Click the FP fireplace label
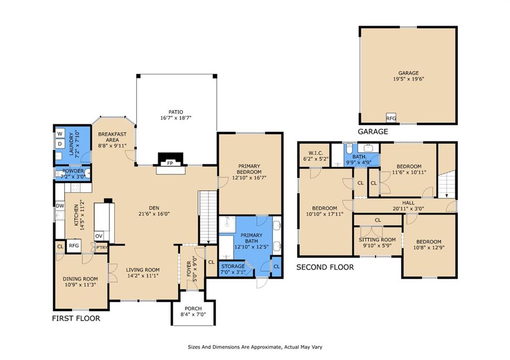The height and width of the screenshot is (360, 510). click(x=170, y=163)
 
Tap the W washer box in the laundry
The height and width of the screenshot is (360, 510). click(x=60, y=133)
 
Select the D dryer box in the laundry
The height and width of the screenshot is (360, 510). click(x=60, y=144)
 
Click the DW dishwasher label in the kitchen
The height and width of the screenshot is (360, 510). click(x=60, y=206)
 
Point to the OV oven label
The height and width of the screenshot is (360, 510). click(x=99, y=236)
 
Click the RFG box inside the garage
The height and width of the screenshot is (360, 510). click(x=391, y=119)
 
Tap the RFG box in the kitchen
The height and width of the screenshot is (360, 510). click(x=74, y=246)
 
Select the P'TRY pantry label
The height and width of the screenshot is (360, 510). click(x=102, y=248)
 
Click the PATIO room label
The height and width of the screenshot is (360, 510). click(x=176, y=112)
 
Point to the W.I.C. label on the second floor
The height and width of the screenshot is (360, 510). click(x=315, y=153)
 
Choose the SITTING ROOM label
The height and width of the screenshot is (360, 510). click(x=378, y=240)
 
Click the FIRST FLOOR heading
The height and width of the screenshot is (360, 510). click(x=76, y=318)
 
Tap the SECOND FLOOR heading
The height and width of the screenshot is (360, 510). click(x=325, y=267)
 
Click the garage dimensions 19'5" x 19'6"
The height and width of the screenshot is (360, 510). click(x=408, y=79)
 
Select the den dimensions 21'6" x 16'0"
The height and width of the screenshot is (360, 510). click(x=154, y=214)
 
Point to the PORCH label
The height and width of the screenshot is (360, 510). click(x=193, y=309)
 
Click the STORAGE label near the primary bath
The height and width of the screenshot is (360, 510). click(x=233, y=266)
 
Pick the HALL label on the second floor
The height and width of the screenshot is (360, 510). click(x=408, y=203)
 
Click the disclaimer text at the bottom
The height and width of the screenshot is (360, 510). click(x=255, y=347)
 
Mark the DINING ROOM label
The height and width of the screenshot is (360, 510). click(x=80, y=279)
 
